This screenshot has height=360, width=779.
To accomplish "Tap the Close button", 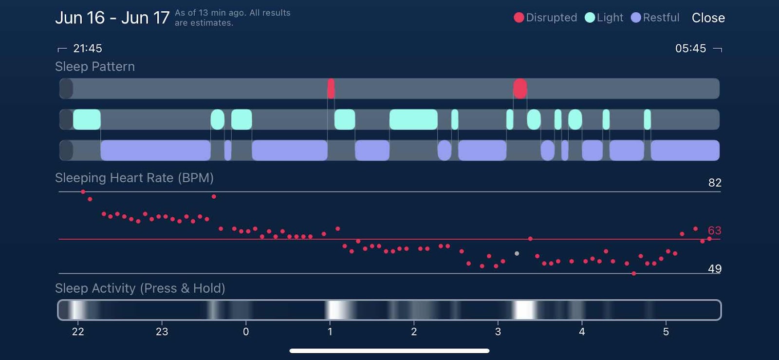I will point(708,18).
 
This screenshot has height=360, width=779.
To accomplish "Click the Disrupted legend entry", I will point(545,18).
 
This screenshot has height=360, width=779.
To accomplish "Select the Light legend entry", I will point(604,18).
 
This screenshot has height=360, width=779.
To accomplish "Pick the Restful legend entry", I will point(655,18).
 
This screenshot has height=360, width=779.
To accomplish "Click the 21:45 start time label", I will point(87,48).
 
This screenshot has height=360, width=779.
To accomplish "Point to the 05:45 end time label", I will point(690,48).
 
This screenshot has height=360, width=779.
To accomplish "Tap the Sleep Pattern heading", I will point(95,67).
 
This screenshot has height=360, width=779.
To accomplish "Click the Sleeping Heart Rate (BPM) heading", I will point(134,178).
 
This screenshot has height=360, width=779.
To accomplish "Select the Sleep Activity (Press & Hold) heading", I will point(140,288).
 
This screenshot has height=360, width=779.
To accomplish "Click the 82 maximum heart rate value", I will point(714,183).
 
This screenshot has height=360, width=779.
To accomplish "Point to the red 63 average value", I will point(714,230).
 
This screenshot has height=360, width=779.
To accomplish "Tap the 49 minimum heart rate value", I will point(714,269).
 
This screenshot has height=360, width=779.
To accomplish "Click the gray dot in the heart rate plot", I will point(517,253).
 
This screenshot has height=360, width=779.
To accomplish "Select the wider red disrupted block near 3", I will point(520,89).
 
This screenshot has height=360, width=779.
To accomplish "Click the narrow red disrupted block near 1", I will point(331,89).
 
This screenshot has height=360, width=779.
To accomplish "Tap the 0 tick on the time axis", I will point(246,332).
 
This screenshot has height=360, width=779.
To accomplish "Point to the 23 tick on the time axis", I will point(162,332).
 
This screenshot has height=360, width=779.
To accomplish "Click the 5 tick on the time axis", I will point(666,332).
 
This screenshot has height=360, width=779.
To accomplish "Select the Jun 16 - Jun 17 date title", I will point(112,18).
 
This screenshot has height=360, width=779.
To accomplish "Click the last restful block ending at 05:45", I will point(685,150).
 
